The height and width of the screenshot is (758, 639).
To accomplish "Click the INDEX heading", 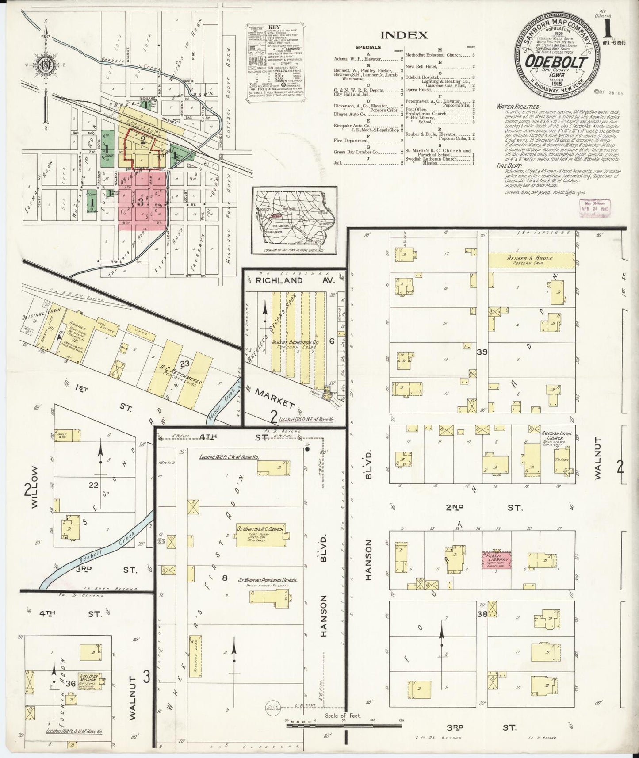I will point(404,35).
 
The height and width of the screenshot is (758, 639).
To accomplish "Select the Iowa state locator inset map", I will point(294,221).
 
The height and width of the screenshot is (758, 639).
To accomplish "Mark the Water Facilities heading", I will point(518,107).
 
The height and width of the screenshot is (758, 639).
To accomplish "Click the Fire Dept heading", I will point(509,167).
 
